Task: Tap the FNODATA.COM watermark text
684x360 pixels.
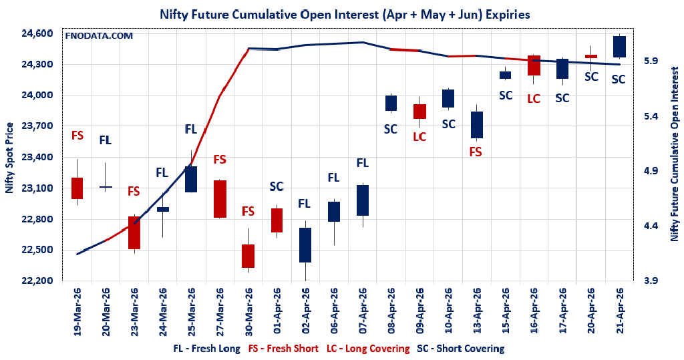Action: point(99,35)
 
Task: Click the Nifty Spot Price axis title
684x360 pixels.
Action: point(9,158)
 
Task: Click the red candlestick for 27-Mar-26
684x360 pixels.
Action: point(220,199)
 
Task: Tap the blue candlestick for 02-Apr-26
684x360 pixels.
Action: point(305,244)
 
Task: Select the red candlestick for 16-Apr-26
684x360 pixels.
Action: point(534,65)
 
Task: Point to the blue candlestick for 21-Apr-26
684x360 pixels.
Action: point(619,47)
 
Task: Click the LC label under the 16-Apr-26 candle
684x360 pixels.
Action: point(534,99)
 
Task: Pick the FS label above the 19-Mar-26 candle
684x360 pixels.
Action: point(77,136)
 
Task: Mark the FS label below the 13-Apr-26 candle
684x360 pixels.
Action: point(476,152)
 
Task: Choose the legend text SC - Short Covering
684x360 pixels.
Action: point(460,349)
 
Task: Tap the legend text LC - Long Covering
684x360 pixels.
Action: point(368,349)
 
